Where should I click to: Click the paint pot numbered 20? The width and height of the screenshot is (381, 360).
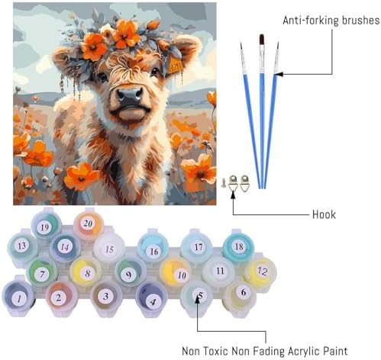(x=89, y=224)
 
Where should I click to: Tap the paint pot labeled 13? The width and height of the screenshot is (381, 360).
(x=22, y=246)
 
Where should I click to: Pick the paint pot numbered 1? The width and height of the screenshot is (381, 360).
(x=18, y=296)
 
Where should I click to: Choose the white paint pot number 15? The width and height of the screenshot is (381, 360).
(x=109, y=249)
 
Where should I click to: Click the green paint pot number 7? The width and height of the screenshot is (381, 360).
(x=42, y=272)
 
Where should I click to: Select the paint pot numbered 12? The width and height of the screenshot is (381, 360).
(x=260, y=272)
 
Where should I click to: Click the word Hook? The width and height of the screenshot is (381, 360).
(x=324, y=214)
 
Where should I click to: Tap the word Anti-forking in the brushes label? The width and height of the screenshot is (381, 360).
(x=311, y=21)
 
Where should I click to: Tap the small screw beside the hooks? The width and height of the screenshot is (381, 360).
(x=224, y=182)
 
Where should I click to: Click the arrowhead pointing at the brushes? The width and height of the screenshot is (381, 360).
(x=279, y=74)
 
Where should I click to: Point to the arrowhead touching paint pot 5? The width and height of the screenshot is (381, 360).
(x=197, y=300)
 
